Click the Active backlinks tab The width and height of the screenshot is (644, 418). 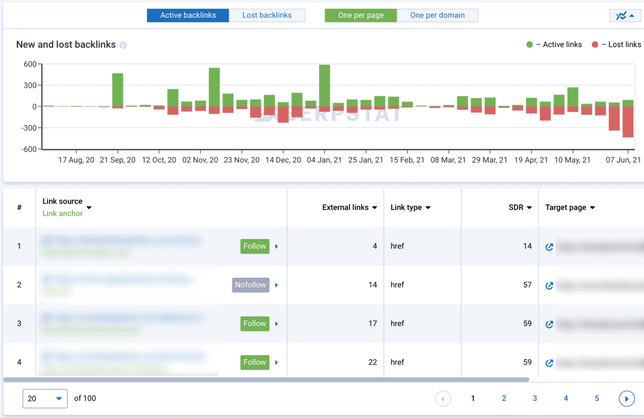point(188,15)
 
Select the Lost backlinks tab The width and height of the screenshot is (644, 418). point(267,15)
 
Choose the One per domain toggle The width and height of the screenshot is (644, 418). point(437,15)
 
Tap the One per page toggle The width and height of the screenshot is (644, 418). point(361,15)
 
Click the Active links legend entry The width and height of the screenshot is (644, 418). point(554,45)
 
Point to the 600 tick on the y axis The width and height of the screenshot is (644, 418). point(30,64)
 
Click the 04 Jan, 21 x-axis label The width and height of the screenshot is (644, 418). point(324,160)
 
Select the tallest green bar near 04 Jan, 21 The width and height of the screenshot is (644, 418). point(324,85)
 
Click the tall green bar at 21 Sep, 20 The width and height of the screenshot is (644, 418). point(118,90)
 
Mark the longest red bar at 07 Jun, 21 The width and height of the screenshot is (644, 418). point(628,121)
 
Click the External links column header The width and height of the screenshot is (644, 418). point(349,207)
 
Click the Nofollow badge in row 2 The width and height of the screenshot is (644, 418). point(250,285)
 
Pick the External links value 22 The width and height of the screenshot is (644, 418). point(372,362)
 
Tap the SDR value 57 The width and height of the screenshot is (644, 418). point(527,285)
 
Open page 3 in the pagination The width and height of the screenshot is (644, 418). point(535,398)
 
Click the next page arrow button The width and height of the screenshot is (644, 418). point(626,399)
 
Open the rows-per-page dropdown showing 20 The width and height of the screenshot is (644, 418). point(45,399)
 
